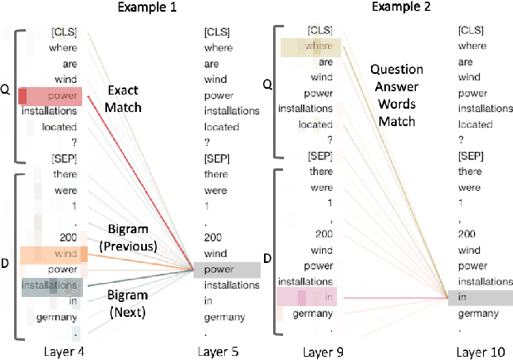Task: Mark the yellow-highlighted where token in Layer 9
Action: tap(307, 46)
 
